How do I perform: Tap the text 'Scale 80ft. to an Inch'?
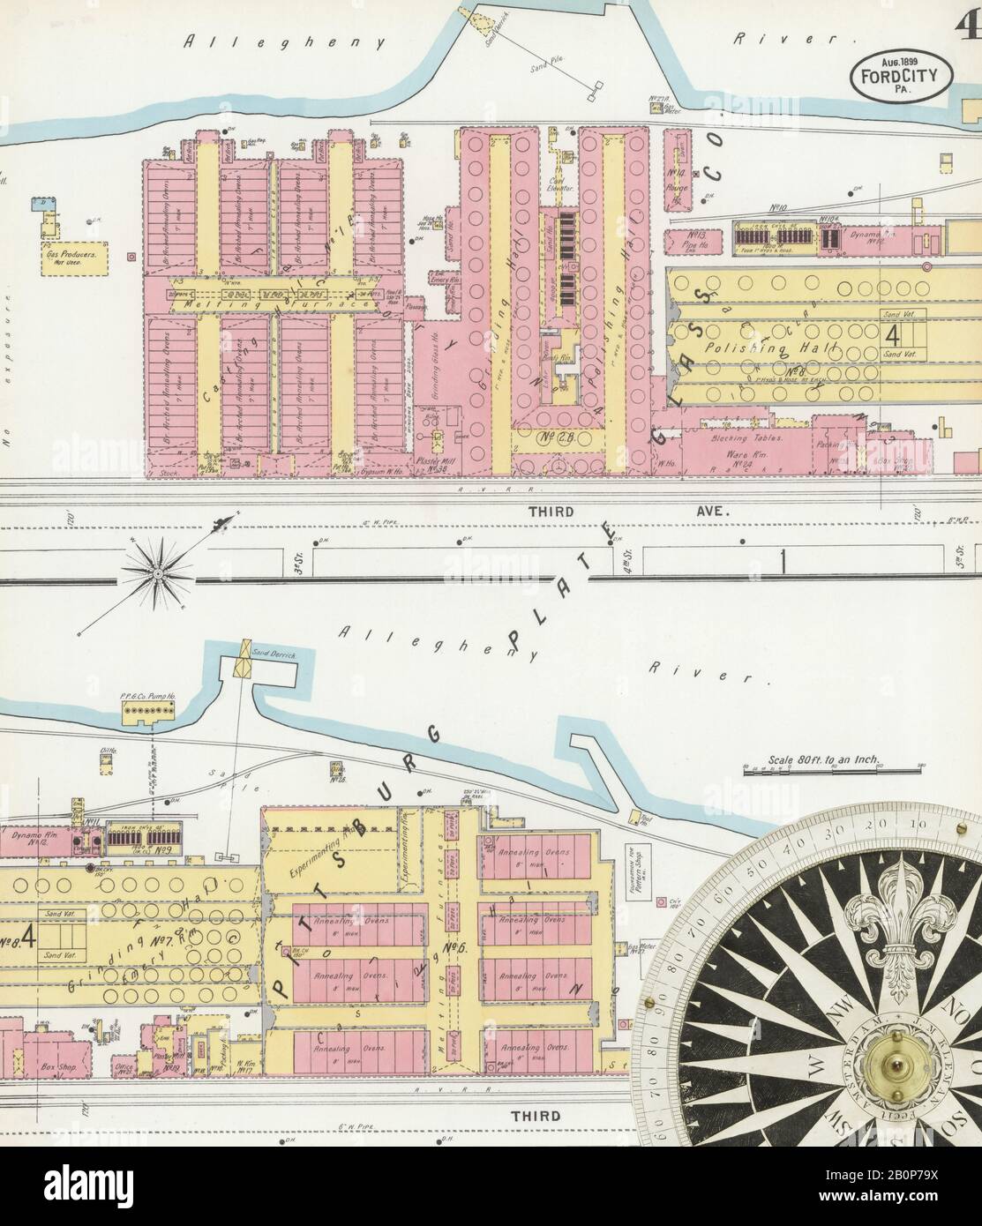click(x=806, y=761)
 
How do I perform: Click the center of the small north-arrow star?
click(x=155, y=575)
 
